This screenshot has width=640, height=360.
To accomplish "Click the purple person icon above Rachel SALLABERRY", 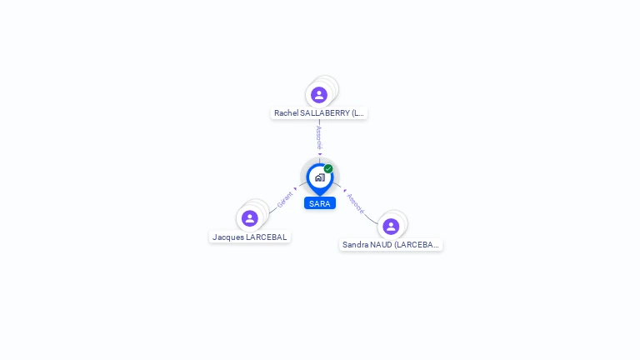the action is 319,95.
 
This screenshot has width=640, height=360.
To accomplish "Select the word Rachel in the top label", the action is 286,113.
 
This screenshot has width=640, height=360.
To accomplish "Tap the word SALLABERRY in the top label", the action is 325,113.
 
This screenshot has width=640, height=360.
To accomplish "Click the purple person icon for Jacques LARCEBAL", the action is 249,218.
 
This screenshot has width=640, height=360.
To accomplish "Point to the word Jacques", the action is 227,237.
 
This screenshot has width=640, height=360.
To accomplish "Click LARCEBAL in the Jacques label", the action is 266,237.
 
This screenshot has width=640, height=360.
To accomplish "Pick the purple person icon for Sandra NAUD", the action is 391,226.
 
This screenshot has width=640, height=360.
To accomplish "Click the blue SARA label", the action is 320,203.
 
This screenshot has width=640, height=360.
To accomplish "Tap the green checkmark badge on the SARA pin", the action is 328,168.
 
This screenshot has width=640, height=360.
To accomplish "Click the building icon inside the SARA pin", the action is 320,177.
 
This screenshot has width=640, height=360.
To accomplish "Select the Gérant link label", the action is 285,200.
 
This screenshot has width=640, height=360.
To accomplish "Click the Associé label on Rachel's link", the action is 319,138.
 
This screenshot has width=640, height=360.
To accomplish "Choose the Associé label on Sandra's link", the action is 355,203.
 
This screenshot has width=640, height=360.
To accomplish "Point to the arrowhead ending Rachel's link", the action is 320,154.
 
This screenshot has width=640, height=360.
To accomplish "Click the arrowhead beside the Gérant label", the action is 295,189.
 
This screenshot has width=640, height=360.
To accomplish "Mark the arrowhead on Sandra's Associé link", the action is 345,191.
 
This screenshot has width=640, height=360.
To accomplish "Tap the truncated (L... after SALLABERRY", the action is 357,113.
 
